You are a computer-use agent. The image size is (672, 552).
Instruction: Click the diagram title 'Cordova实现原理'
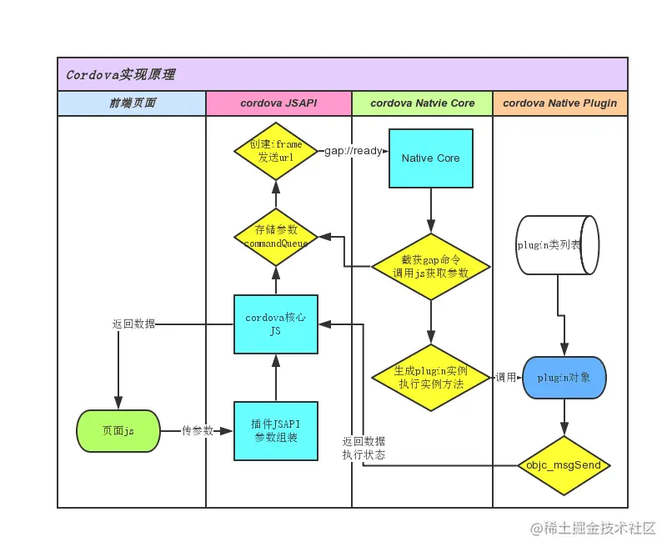coord(121,75)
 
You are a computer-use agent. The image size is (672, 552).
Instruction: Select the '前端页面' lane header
coord(132,103)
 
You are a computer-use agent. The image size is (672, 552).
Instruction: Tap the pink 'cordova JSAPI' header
coord(278,103)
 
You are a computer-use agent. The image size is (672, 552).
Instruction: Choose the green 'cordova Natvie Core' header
coord(422,103)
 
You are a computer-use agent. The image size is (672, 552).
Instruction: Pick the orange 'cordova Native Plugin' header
coord(559,103)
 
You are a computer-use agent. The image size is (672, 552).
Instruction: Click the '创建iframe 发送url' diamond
coord(275,151)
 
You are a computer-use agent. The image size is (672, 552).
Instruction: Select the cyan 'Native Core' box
coord(430,158)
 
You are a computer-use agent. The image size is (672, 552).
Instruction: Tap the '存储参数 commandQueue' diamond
coord(275,236)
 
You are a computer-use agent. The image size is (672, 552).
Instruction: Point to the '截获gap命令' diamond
coord(430,267)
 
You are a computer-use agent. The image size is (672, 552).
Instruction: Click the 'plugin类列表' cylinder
coord(557,245)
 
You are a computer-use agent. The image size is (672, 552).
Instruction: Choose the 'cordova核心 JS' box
coord(275,324)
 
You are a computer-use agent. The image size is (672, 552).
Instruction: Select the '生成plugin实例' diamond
coord(430,377)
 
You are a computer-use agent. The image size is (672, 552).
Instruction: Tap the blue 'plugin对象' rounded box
coord(564,378)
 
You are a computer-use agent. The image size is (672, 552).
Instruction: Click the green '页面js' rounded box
coord(118,431)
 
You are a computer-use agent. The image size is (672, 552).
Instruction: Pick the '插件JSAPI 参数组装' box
coord(275,430)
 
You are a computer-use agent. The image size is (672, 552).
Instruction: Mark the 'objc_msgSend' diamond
coord(564,464)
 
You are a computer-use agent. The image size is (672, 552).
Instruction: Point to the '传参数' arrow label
coord(198,431)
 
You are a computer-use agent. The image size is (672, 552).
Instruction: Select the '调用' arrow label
coord(505,378)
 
